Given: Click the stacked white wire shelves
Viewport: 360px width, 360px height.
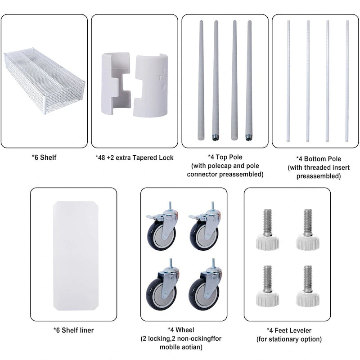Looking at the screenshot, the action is tap(44, 81).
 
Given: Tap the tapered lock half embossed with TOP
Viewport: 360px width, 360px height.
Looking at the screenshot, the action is tap(151, 85).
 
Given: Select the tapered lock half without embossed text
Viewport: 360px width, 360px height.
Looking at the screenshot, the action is tap(116, 83).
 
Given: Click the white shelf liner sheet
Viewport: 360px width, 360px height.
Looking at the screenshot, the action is tap(76, 256).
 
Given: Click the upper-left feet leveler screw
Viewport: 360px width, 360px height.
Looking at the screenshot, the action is tap(267, 229).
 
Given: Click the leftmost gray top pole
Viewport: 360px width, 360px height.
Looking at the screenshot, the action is tap(201, 81).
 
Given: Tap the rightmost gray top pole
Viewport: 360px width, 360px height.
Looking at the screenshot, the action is tap(249, 81).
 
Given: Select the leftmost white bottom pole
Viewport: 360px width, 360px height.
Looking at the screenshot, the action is tap(288, 81).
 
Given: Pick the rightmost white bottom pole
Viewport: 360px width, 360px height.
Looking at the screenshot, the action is tap(347, 81).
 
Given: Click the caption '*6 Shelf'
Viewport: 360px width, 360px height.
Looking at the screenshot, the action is tap(44, 157).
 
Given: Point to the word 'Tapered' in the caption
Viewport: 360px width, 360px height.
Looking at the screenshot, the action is tap(142, 158).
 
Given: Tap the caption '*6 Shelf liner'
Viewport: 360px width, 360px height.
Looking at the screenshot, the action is tap(74, 330).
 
